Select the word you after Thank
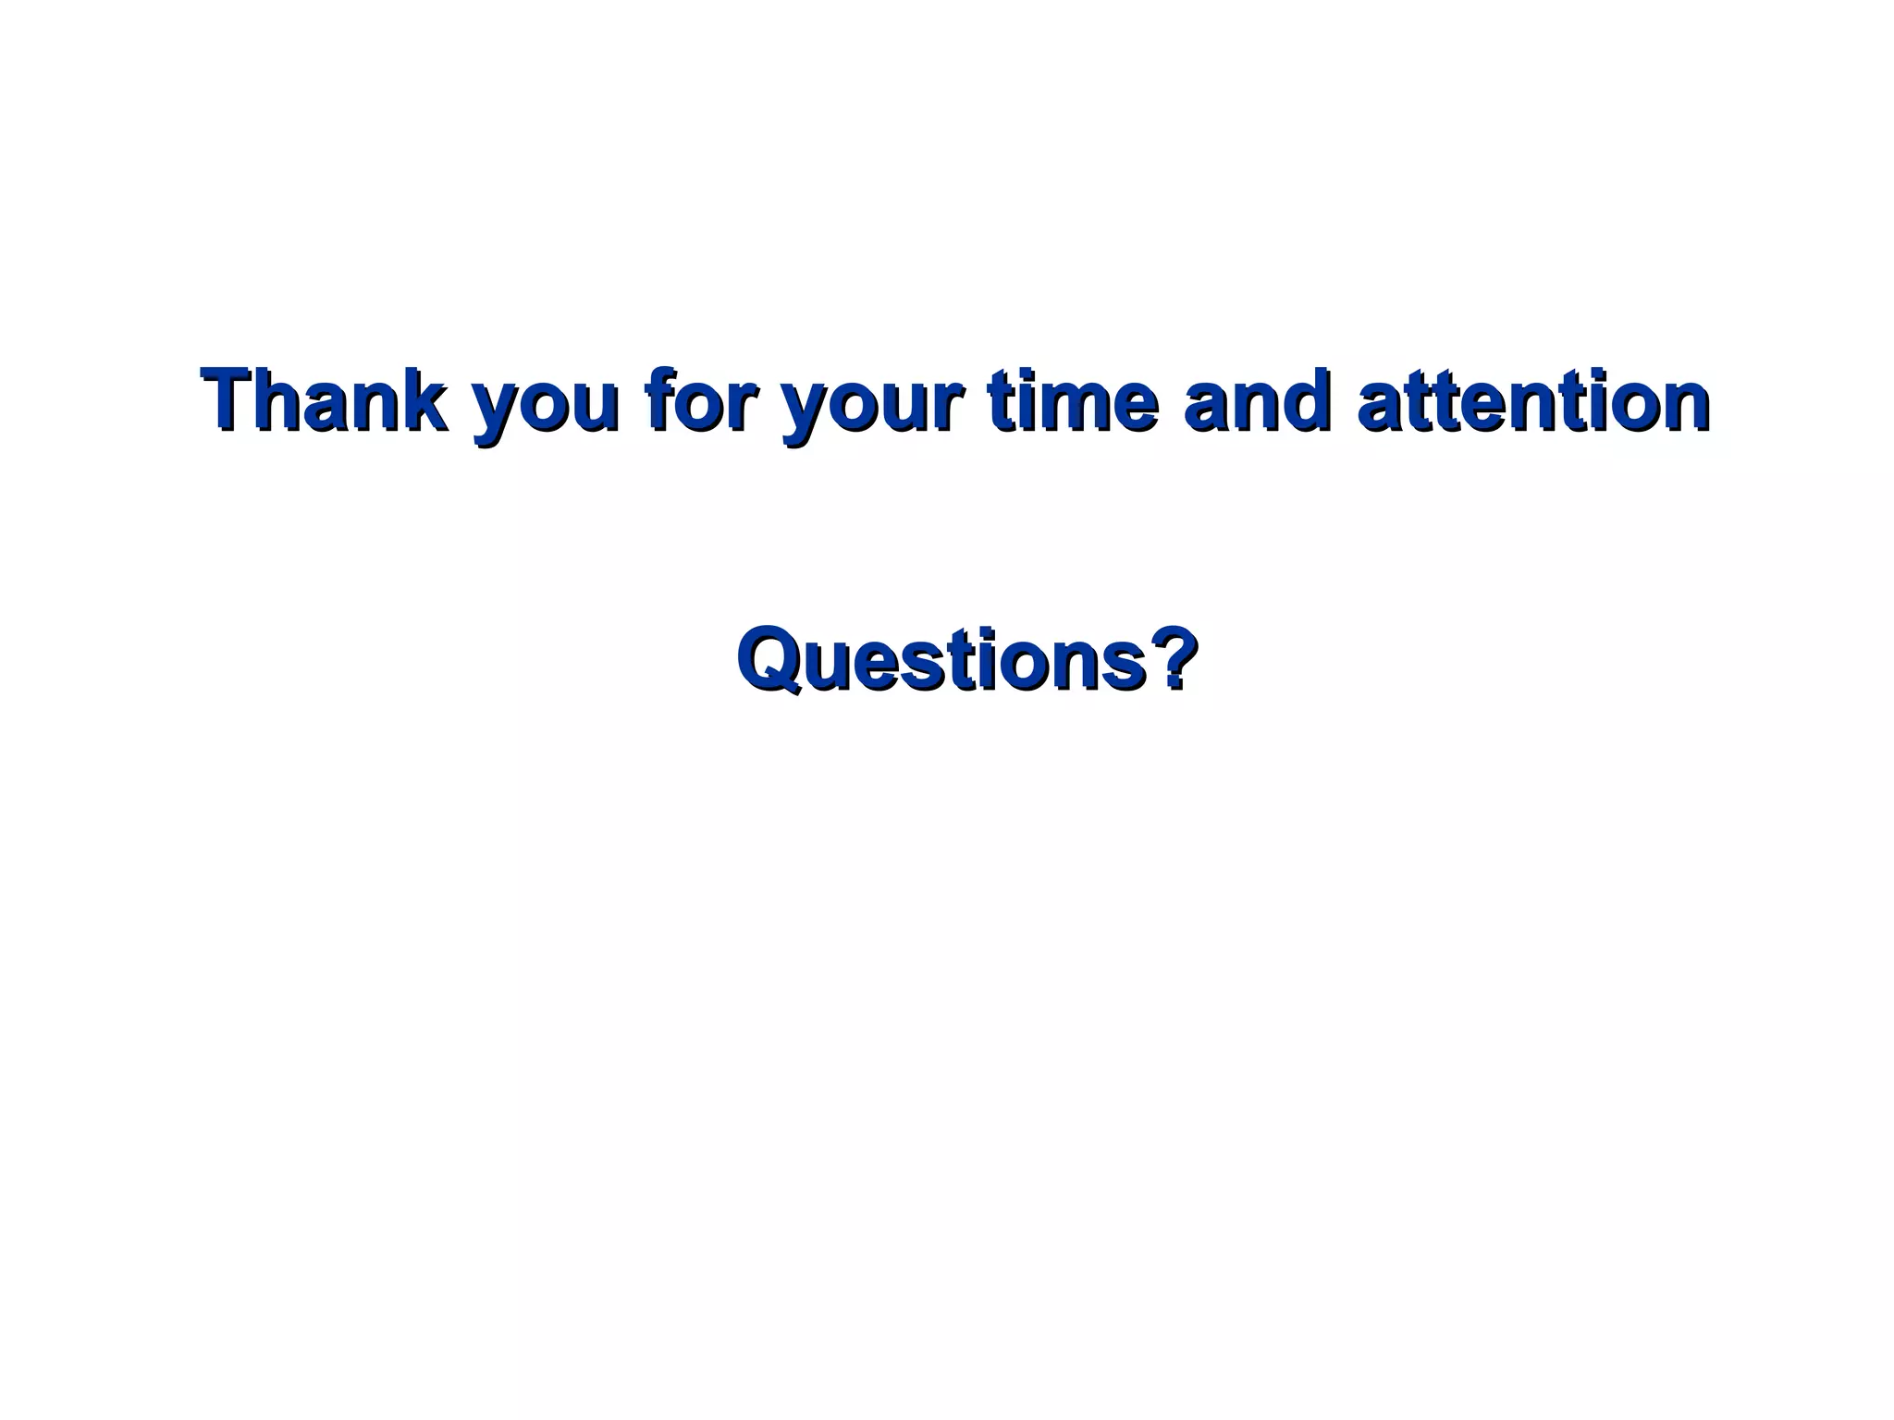coord(545,407)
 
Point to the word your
coord(873,407)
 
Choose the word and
coord(1258,399)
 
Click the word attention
coord(1533,399)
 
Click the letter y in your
coord(806,411)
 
